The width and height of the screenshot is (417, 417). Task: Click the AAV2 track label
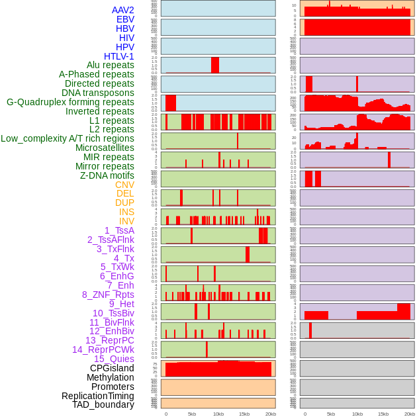coord(123,10)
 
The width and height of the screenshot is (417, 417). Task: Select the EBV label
coord(125,19)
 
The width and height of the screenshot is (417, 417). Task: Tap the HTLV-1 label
coord(119,56)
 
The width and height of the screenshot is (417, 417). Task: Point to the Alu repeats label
coord(111,65)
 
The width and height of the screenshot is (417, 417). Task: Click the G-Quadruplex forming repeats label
coord(70,102)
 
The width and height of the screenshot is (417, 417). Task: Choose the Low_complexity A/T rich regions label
coord(68,138)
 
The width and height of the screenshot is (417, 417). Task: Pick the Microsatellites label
coord(105,148)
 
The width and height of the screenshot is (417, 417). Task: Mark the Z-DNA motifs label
coord(107,175)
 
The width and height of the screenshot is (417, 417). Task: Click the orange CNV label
coord(124,184)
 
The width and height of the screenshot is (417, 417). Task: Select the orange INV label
coord(126,221)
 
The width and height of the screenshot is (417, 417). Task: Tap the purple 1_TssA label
coord(119,230)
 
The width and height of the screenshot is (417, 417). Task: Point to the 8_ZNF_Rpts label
coord(108,295)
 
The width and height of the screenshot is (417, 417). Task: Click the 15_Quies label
coord(114,359)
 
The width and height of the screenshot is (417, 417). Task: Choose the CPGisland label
coord(112,368)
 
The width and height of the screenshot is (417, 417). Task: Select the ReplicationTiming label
coord(98,396)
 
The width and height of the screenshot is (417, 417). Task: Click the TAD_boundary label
coord(103,404)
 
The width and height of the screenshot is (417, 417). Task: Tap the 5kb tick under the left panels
coord(192,414)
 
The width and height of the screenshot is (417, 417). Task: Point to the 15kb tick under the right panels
coord(383,414)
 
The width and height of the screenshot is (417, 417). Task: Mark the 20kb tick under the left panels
coord(270,414)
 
